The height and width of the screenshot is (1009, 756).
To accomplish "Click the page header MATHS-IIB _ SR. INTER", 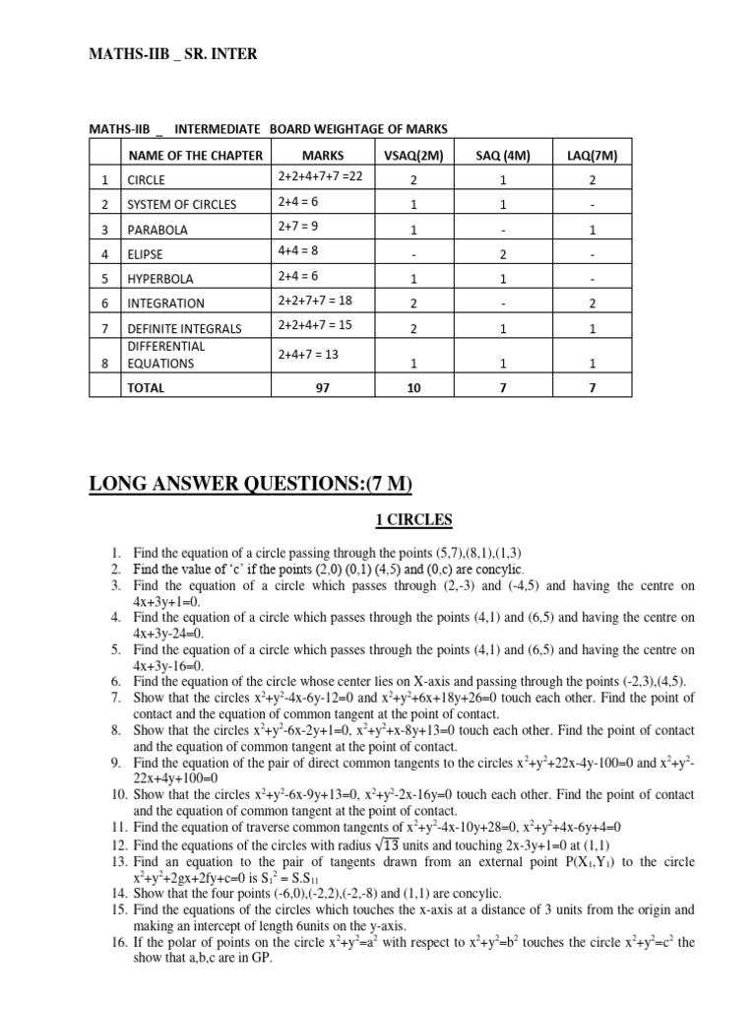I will [x=175, y=54].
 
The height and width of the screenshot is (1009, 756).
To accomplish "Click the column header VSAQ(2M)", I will [x=412, y=155].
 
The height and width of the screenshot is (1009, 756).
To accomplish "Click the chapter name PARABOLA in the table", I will [x=158, y=230].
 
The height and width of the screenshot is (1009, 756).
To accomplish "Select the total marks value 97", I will [x=321, y=388].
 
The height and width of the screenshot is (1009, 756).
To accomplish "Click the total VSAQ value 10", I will [x=412, y=388].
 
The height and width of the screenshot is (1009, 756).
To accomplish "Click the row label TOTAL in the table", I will [x=147, y=388].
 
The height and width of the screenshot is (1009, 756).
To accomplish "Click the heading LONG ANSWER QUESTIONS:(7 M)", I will [x=251, y=483].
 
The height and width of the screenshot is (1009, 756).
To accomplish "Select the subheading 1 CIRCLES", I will [x=394, y=519].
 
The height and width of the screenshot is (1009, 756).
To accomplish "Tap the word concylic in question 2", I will [x=495, y=570].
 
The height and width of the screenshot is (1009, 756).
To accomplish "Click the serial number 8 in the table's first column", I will [x=103, y=363].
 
